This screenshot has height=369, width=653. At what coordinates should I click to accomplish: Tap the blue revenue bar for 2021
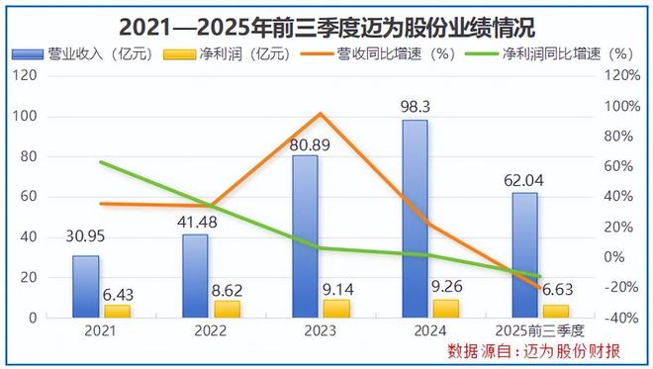click(x=86, y=286)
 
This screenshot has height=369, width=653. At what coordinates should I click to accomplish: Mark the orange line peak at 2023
click(x=320, y=114)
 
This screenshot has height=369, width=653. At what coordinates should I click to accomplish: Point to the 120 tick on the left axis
click(x=27, y=75)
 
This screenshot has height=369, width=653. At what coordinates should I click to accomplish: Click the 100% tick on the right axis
click(x=622, y=106)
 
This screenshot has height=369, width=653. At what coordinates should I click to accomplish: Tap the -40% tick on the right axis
click(x=622, y=318)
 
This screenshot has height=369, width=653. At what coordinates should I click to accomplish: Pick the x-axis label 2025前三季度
click(x=539, y=330)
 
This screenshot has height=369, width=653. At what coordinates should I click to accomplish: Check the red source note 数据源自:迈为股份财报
click(x=534, y=351)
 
